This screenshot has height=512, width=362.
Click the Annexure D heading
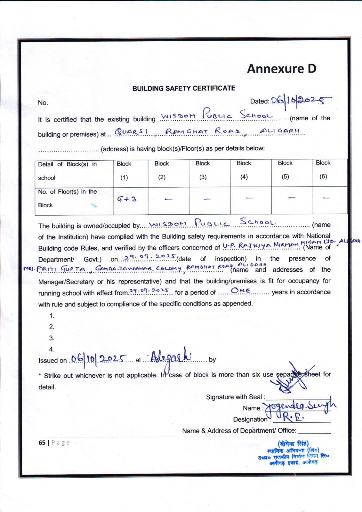[281, 69]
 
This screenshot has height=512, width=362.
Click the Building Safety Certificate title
[184, 88]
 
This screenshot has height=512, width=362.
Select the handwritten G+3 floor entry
[127, 199]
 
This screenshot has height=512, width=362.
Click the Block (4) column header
[244, 170]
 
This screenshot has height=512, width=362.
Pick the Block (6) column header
[323, 169]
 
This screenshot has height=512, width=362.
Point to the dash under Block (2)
[168, 199]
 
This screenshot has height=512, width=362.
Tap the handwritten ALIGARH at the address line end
[280, 131]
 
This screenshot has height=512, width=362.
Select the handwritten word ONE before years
[241, 291]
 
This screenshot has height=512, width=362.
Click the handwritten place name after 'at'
[171, 356]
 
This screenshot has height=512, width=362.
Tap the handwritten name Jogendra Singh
[301, 406]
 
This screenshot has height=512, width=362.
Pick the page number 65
[42, 443]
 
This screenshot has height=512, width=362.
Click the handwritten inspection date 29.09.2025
[150, 257]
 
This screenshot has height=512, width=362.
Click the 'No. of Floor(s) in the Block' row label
[68, 198]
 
